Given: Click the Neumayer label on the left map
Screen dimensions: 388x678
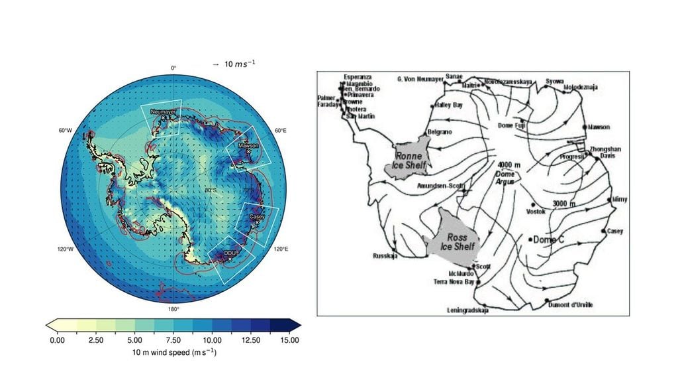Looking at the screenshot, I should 162,112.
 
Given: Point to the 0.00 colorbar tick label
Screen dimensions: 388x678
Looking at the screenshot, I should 57,340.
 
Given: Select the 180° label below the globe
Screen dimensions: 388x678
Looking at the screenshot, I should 173,309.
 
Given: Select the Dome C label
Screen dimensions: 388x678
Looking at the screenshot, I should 548,239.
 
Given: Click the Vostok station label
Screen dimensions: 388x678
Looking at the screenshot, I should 535,212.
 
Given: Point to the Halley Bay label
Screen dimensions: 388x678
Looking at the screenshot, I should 451,105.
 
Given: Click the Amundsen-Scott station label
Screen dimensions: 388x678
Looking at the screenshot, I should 437,186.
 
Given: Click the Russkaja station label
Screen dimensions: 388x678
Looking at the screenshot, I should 386,256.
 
